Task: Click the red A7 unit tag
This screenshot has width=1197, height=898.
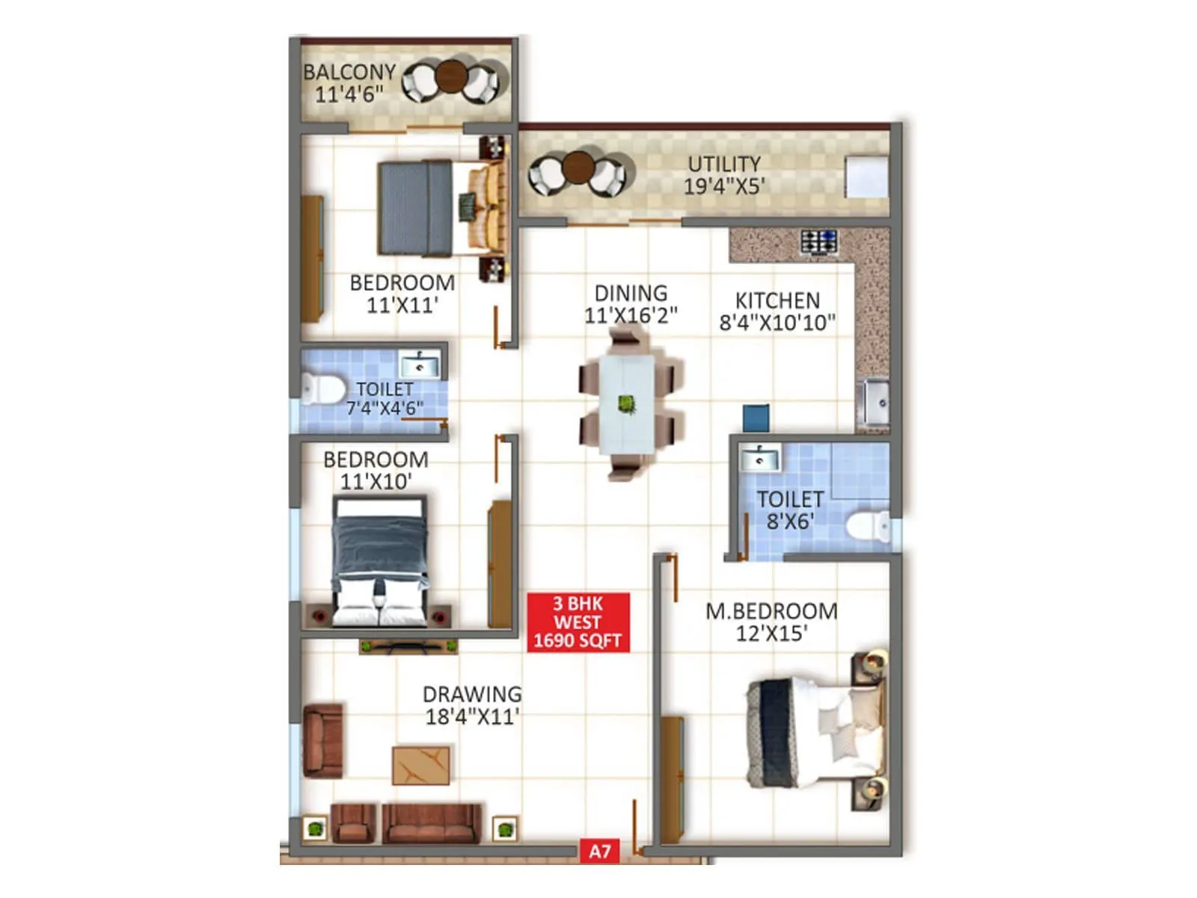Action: pos(599,851)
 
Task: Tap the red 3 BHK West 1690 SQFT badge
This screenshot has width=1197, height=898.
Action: pos(578,622)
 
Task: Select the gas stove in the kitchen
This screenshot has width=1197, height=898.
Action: pos(818,242)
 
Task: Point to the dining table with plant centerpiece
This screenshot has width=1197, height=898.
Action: pos(627,405)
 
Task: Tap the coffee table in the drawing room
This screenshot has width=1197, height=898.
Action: pos(421,765)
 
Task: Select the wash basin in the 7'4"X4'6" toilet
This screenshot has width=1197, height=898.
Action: pos(420,366)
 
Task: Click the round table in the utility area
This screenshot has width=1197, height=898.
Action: pos(578,167)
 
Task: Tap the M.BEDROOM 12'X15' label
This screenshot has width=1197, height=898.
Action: pos(771,622)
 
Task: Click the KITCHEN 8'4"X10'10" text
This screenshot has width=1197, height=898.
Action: pos(777,311)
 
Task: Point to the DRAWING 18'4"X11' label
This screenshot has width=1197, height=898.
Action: pos(472,705)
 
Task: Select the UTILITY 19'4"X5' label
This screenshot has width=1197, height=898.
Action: pos(724,174)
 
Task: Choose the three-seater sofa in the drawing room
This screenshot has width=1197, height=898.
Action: pos(432,822)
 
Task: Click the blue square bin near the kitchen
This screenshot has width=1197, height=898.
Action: pos(756,418)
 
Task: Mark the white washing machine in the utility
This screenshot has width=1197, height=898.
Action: pos(866,177)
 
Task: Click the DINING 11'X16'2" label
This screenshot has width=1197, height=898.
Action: pos(631,304)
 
